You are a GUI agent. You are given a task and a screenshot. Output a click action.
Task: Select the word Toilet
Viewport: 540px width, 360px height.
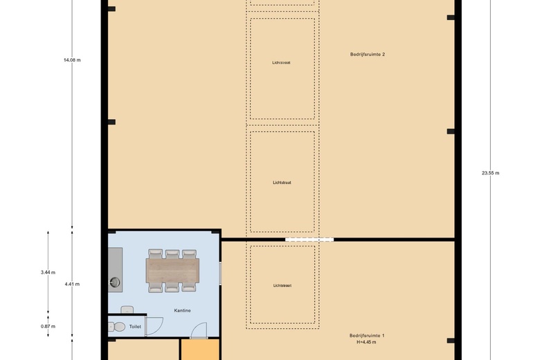click(134, 326)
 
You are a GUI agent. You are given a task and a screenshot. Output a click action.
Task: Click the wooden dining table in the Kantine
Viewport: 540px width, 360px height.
click(172, 269)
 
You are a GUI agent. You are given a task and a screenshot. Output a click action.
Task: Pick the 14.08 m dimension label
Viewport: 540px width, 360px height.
click(72, 60)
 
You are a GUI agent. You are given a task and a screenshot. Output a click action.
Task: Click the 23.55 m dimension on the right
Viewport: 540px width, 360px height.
click(490, 173)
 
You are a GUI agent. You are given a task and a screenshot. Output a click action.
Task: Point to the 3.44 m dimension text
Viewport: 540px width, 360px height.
click(48, 272)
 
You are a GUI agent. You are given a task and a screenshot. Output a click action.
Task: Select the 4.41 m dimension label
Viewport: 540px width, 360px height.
click(72, 284)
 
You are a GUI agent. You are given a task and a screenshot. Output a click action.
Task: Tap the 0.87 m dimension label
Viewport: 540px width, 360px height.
click(48, 326)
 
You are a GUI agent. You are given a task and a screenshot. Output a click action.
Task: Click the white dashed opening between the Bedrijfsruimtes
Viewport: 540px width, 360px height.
click(309, 240)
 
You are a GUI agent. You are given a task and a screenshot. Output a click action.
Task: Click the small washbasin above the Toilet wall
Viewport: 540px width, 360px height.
click(127, 309)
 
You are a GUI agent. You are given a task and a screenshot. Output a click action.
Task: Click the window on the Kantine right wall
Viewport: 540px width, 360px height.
click(220, 273)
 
